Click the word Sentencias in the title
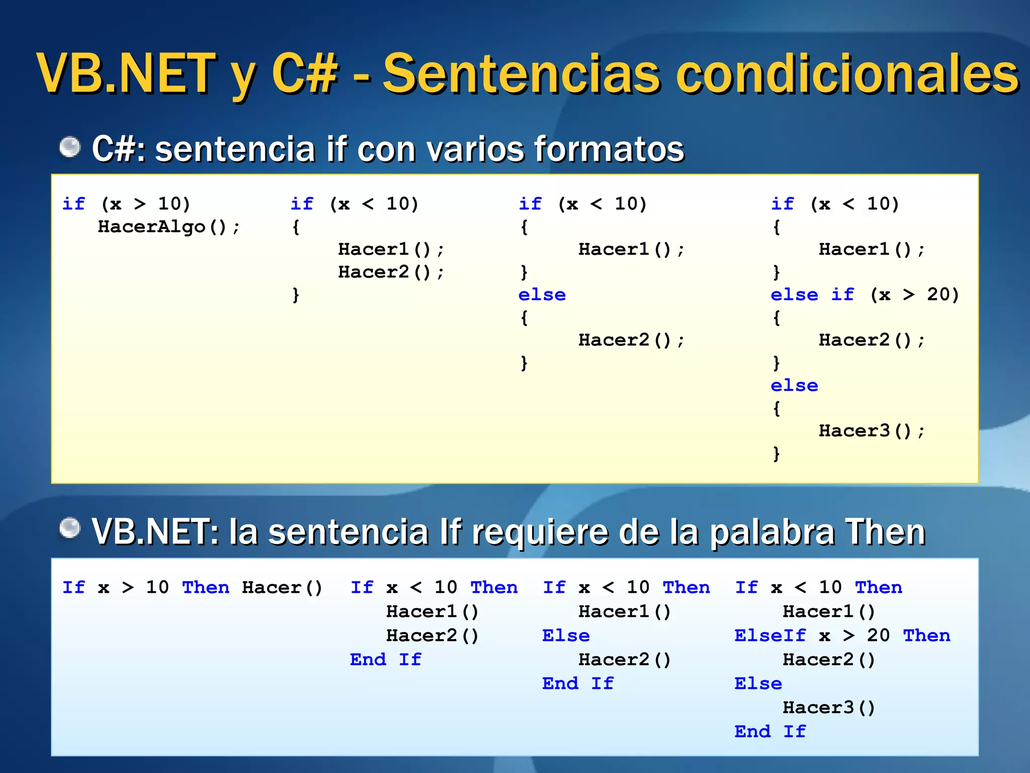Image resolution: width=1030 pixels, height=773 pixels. pyautogui.click(x=521, y=74)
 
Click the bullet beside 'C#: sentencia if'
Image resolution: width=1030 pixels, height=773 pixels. pyautogui.click(x=70, y=147)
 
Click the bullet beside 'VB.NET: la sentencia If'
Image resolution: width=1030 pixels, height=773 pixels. pyautogui.click(x=70, y=528)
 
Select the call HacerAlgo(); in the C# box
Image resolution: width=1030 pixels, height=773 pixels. pyautogui.click(x=168, y=227)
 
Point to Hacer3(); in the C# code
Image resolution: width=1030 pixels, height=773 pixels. pyautogui.click(x=871, y=431)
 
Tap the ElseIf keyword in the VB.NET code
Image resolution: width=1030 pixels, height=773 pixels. pyautogui.click(x=769, y=636)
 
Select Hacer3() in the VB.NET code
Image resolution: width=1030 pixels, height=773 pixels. pyautogui.click(x=829, y=708)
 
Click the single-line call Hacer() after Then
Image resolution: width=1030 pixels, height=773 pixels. pyautogui.click(x=282, y=587)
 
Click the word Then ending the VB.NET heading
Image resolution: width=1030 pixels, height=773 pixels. pyautogui.click(x=885, y=531)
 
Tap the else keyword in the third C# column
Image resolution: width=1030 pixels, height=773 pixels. pyautogui.click(x=542, y=295)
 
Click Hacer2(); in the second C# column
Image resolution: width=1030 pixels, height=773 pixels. pyautogui.click(x=391, y=272)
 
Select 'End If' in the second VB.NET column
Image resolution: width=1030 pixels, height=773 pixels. pyautogui.click(x=385, y=659)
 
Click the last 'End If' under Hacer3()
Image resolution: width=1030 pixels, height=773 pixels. pyautogui.click(x=769, y=731)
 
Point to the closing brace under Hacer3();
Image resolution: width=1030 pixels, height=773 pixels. pyautogui.click(x=777, y=453)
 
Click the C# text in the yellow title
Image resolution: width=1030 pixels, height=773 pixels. pyautogui.click(x=304, y=74)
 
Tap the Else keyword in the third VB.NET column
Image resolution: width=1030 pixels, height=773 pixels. pyautogui.click(x=565, y=636)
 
